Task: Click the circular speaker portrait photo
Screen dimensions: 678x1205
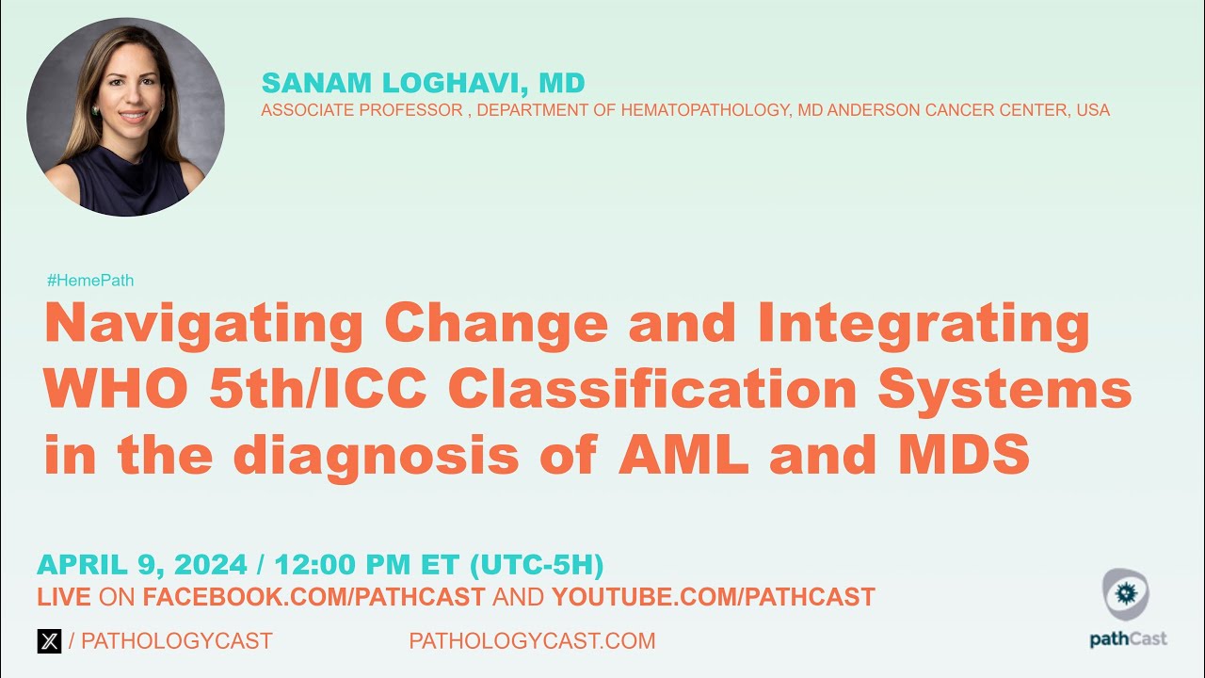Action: tap(125, 118)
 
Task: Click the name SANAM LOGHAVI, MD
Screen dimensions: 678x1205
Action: tap(423, 83)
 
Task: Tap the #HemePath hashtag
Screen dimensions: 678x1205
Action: tap(89, 281)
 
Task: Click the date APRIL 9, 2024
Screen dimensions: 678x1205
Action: tap(142, 565)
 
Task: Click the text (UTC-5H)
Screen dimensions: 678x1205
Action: tap(536, 565)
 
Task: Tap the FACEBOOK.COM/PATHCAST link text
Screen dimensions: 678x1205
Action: tap(313, 597)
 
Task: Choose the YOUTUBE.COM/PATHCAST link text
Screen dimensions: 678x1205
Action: tap(713, 597)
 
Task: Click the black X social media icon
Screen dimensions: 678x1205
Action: tap(49, 641)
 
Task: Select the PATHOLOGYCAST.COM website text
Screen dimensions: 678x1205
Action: tap(532, 641)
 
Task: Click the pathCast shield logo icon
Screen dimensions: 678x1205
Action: tap(1126, 596)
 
